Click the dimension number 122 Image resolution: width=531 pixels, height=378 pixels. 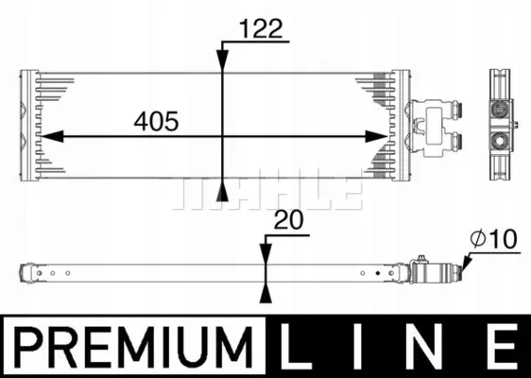pyautogui.click(x=261, y=28)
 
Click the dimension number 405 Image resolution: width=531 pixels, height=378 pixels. pyautogui.click(x=156, y=121)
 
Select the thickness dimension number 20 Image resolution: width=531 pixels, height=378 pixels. pyautogui.click(x=289, y=220)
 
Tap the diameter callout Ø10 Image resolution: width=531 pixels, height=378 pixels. pyautogui.click(x=494, y=239)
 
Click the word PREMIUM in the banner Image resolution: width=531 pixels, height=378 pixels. pyautogui.click(x=134, y=347)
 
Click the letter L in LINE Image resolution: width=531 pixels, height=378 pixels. pyautogui.click(x=295, y=346)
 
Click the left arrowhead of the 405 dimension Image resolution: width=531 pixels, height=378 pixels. pyautogui.click(x=51, y=136)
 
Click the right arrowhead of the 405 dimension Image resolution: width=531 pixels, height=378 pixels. pyautogui.click(x=376, y=136)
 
